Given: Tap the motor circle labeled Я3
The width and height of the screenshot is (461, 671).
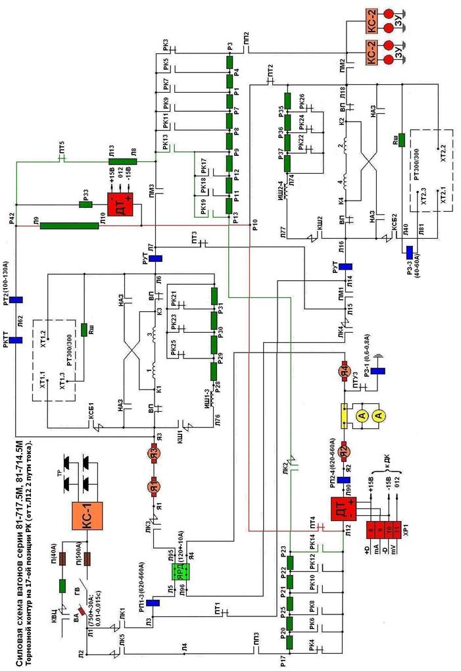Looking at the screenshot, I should coord(154,453).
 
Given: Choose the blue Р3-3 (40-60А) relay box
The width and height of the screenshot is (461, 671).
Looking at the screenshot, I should coord(408,253).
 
